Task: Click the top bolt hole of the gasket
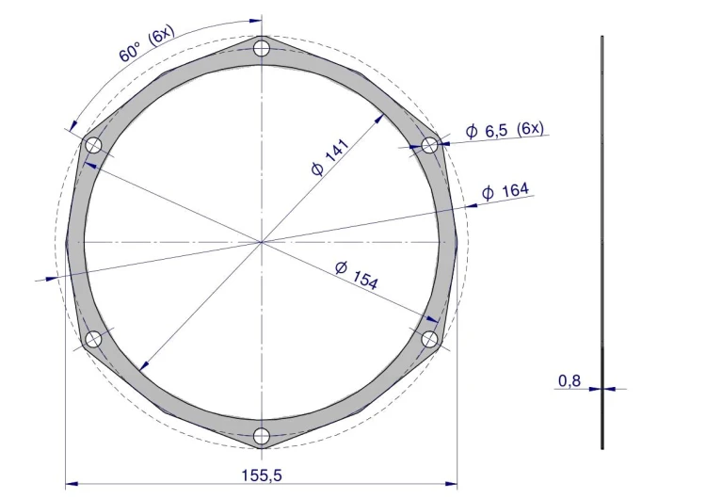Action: point(262,48)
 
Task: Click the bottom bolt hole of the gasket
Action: point(262,436)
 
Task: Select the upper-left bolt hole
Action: point(93,146)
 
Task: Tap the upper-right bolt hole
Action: point(429,146)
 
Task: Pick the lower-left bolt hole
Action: point(93,339)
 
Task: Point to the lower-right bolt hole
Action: point(429,339)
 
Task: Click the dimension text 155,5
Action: point(262,475)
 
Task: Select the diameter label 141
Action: point(330,157)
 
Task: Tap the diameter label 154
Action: point(357,274)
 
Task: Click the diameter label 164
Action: point(505,191)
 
